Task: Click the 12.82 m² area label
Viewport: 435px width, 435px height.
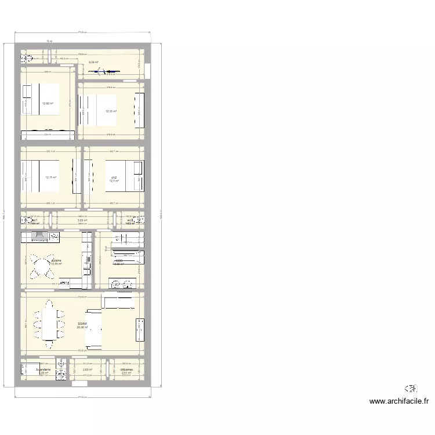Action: (x=48, y=104)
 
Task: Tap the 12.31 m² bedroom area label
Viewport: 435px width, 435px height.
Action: (x=111, y=111)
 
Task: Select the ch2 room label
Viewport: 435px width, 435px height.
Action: (x=114, y=177)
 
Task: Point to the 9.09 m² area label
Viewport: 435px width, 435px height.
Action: (x=93, y=63)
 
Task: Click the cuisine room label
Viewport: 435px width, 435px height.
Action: (x=56, y=261)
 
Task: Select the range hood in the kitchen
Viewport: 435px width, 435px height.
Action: (x=41, y=235)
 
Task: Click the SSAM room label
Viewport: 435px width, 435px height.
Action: (x=82, y=324)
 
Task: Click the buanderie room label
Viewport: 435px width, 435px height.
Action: (x=43, y=369)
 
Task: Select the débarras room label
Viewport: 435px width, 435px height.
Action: (x=126, y=369)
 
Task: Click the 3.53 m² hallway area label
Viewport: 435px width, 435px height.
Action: (x=82, y=220)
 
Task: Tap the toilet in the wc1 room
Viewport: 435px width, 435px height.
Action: (x=27, y=220)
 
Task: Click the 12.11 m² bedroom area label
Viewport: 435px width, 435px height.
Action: (x=51, y=177)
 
